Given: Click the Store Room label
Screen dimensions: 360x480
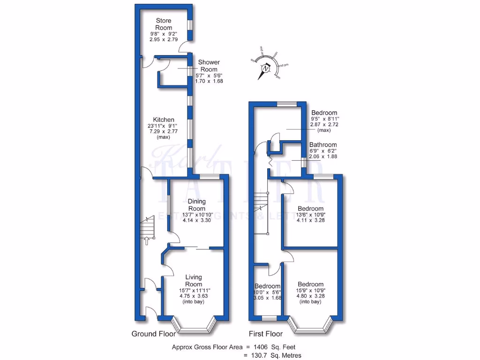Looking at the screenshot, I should pyautogui.click(x=163, y=24).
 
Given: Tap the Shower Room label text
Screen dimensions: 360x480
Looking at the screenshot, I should pyautogui.click(x=209, y=66).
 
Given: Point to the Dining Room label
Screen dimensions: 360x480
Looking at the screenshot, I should pyautogui.click(x=197, y=205).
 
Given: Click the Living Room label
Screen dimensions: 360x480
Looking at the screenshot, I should pyautogui.click(x=194, y=281).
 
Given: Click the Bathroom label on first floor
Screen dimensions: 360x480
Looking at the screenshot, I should pyautogui.click(x=323, y=145).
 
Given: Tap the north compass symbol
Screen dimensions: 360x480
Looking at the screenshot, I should pyautogui.click(x=266, y=68).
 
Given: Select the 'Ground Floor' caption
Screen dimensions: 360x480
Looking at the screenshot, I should pyautogui.click(x=153, y=334).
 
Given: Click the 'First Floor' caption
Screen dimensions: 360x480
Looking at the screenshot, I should pyautogui.click(x=265, y=334).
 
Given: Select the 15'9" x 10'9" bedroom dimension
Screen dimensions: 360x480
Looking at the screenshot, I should pyautogui.click(x=310, y=291).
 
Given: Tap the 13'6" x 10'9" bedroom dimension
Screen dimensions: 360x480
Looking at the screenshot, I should pyautogui.click(x=310, y=215).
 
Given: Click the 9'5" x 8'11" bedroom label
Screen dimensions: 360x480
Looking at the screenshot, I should pyautogui.click(x=324, y=113).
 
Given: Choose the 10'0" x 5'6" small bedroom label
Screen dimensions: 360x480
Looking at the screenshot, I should pyautogui.click(x=267, y=286).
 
